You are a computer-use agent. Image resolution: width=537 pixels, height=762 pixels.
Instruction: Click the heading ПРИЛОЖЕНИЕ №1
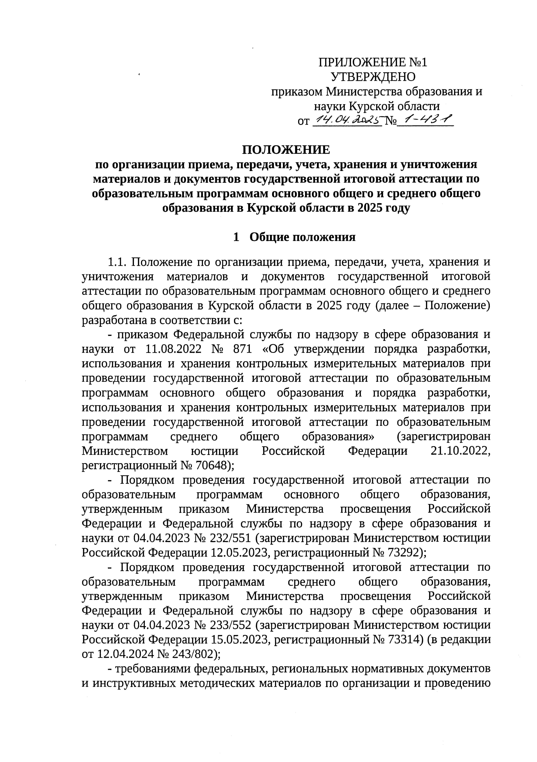(x=373, y=62)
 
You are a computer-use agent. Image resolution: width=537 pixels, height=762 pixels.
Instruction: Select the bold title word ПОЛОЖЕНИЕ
(x=286, y=150)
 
